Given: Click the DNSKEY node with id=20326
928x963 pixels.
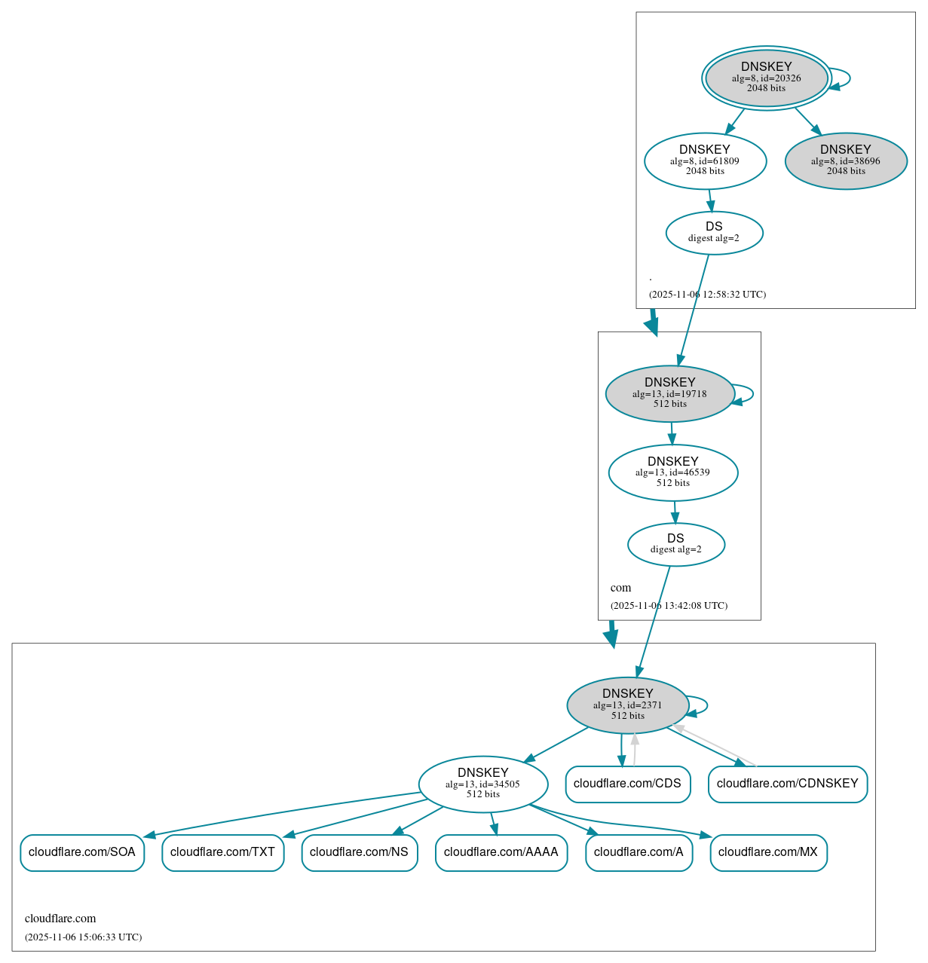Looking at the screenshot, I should tap(766, 78).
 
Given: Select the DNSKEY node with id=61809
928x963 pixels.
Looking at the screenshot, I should tap(705, 160).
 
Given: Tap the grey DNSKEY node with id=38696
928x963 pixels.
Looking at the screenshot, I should tap(845, 160).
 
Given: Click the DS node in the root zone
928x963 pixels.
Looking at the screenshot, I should tap(714, 233).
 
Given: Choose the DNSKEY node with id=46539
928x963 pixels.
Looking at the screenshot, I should tap(672, 472).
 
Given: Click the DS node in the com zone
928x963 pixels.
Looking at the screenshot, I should tap(675, 544).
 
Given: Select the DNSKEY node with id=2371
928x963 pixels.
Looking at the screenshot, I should tap(627, 705).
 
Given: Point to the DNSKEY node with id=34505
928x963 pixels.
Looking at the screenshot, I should tap(482, 784).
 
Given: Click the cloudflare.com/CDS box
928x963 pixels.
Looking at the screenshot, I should tap(627, 784).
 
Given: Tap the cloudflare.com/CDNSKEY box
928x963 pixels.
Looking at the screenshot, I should tap(787, 784).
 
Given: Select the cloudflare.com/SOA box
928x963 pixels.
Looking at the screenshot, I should tap(82, 852).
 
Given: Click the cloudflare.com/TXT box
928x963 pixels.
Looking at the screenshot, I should tap(222, 852).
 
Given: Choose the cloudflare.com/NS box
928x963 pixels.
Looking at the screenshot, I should tap(359, 852).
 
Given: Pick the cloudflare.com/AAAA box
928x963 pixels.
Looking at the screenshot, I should tap(501, 852).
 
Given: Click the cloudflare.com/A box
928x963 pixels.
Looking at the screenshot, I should tap(639, 852).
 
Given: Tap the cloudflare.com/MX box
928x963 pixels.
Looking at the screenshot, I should tap(767, 852).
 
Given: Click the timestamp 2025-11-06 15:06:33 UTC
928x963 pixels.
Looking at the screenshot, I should tap(83, 937).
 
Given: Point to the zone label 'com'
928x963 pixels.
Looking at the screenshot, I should tap(620, 588).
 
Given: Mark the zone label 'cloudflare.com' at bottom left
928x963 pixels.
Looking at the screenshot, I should tap(60, 919).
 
